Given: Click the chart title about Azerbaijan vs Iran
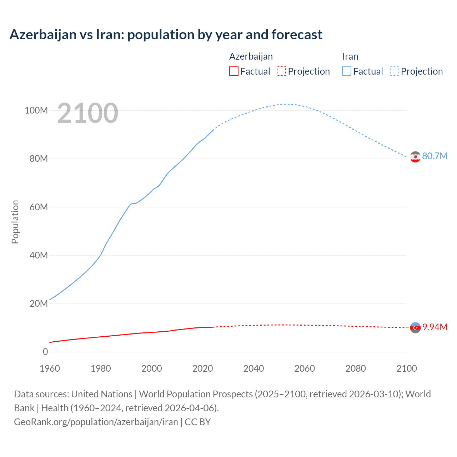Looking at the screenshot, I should (166, 35).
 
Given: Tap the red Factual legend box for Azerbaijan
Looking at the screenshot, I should (233, 71).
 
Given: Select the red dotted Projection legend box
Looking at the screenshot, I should (281, 71).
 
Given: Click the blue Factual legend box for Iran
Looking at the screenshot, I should (347, 71).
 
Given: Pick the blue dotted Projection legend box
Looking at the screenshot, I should (395, 71).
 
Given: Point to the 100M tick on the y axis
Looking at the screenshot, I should (36, 110).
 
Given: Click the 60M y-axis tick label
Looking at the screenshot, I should (38, 207).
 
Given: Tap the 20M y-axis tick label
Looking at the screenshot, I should (38, 303).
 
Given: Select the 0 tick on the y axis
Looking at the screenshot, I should (45, 352).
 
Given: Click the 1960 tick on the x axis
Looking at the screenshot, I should (50, 368).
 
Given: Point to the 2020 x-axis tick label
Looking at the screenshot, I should (202, 368).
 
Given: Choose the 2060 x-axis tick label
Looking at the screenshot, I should (305, 368).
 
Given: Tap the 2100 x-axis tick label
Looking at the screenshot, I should (406, 368).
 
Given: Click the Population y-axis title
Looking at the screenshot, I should (15, 222).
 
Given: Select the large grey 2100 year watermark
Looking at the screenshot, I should (87, 113).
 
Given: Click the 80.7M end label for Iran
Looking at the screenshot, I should (435, 156).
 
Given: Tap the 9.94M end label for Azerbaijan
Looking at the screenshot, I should (435, 327).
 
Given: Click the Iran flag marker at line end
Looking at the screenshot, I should (415, 157).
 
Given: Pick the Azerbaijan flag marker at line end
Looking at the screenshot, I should (415, 327).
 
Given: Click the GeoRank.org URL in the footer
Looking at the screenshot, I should (96, 422).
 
